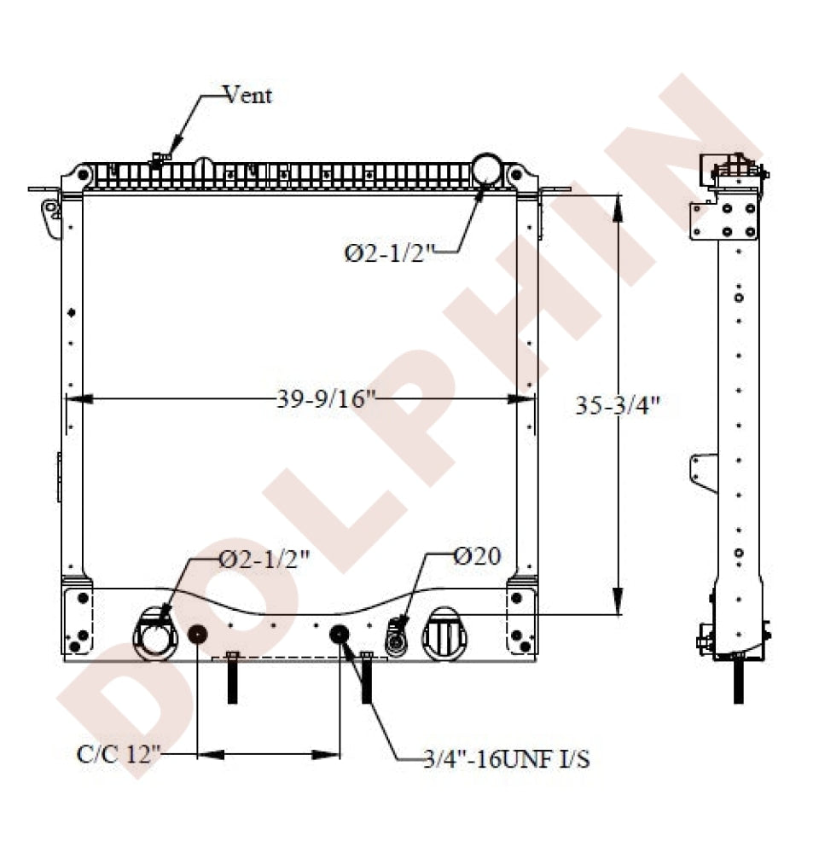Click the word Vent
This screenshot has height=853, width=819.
coord(247,96)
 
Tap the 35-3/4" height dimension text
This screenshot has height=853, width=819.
coord(619,405)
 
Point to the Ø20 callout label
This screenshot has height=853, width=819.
coord(477,556)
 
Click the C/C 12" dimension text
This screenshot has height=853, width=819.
coord(119,754)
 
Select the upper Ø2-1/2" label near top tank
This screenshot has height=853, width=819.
coord(390,253)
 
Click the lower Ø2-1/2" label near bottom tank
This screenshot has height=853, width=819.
coord(264,559)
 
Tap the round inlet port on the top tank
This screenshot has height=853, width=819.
coord(486,169)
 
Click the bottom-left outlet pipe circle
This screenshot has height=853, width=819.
coord(155,635)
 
